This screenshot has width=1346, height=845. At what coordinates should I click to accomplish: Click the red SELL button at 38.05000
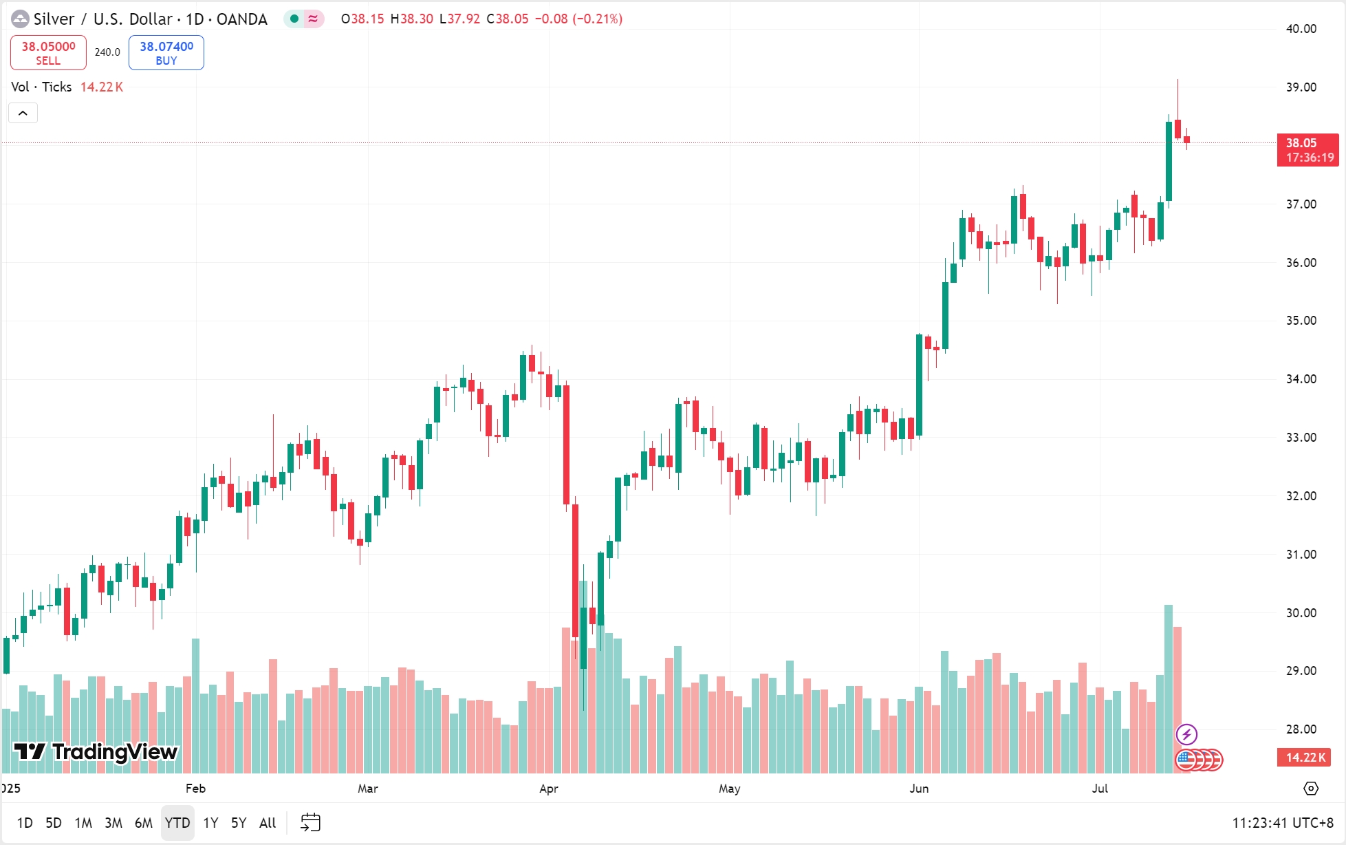click(48, 53)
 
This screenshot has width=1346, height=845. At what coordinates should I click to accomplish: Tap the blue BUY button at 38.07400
click(166, 53)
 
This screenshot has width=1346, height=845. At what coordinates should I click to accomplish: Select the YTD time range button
click(177, 823)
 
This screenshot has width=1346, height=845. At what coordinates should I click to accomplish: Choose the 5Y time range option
click(239, 823)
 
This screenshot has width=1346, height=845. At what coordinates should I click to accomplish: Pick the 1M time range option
click(83, 823)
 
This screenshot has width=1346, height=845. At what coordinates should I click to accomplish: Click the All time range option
click(268, 823)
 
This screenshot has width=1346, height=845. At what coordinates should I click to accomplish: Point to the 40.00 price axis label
click(1301, 29)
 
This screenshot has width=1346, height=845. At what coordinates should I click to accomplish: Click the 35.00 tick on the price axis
click(1301, 321)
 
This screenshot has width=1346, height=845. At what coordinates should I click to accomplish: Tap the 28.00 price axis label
click(1301, 729)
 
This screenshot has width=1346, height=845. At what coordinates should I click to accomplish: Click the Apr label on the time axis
click(549, 789)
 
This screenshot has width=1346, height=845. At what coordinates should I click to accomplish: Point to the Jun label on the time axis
click(919, 789)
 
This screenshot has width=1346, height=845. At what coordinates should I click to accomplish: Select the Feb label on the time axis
click(195, 789)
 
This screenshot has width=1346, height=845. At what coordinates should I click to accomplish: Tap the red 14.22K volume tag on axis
click(1305, 758)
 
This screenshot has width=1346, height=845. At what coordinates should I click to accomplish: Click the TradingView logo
click(96, 752)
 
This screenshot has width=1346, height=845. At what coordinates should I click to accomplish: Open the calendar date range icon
click(311, 822)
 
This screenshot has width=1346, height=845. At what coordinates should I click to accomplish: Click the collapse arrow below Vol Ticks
click(23, 113)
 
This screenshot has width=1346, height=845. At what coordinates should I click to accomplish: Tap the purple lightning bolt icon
click(1186, 735)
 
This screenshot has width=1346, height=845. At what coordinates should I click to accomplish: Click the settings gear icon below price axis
click(1311, 789)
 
